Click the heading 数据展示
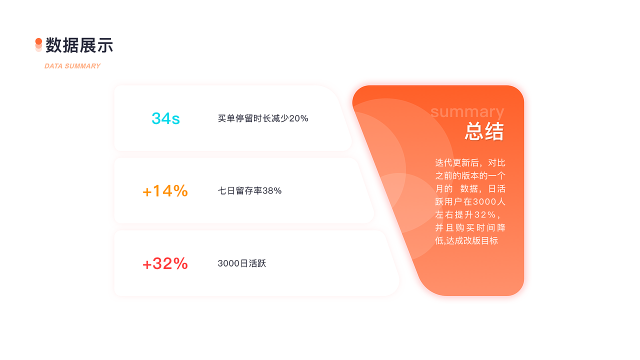(79, 45)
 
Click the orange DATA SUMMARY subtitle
(72, 66)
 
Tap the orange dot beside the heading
(38, 41)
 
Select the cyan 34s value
(165, 118)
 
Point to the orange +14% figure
(165, 191)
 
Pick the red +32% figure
(165, 263)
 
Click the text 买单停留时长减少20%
(263, 118)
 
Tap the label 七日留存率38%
(249, 191)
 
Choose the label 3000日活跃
(241, 263)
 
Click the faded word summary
(467, 111)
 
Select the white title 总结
(484, 132)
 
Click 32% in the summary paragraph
(484, 215)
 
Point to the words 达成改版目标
(472, 241)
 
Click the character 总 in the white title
(474, 132)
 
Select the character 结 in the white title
(494, 132)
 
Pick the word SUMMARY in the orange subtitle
(82, 66)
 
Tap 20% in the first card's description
(298, 118)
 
